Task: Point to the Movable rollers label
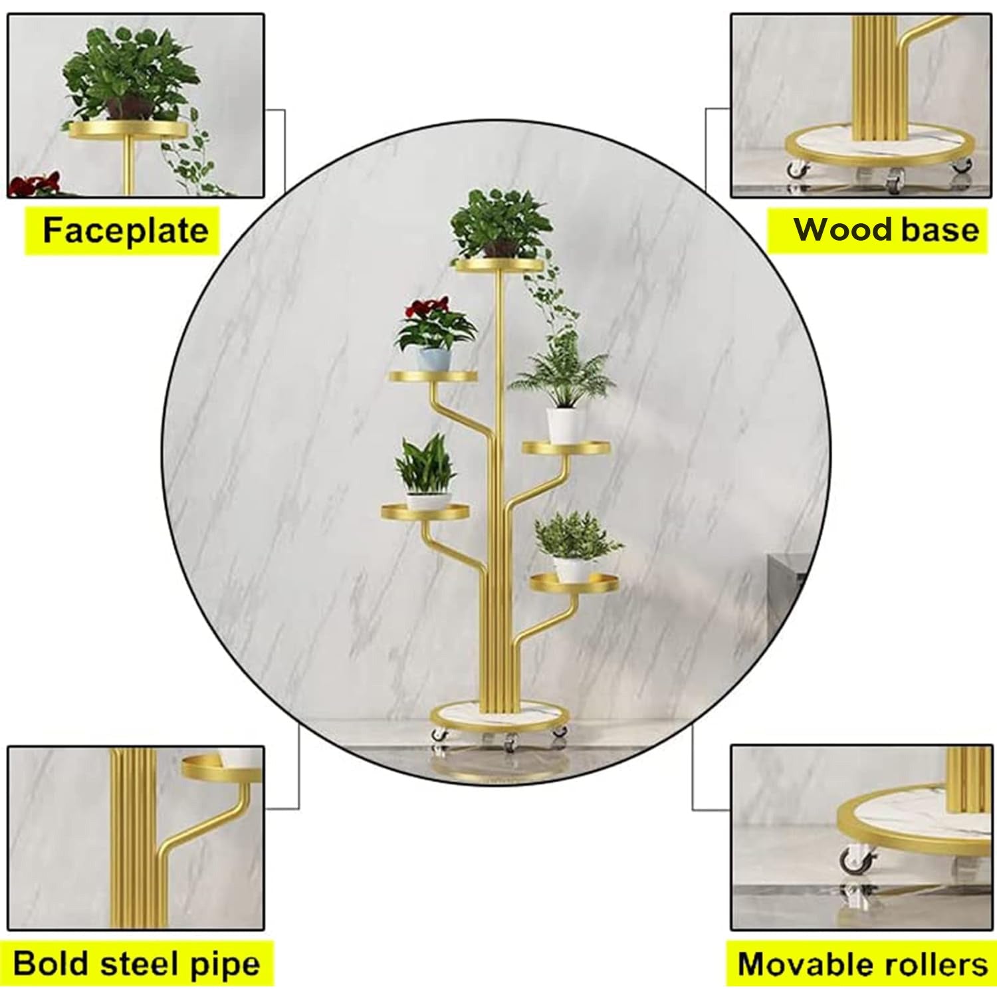[x=861, y=964]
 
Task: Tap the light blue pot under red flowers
[x=434, y=358]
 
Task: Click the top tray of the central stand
[x=499, y=265]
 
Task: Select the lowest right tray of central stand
[x=575, y=583]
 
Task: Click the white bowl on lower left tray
[x=428, y=500]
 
